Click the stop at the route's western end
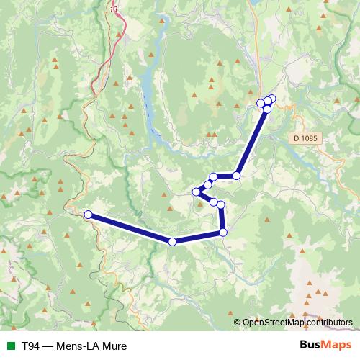[88, 215]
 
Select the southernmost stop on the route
[172, 242]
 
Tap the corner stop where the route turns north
[223, 232]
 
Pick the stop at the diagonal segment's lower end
[236, 175]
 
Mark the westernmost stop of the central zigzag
[196, 192]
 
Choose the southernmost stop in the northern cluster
[267, 109]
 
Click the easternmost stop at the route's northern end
[271, 99]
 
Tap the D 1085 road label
[305, 137]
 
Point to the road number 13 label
[114, 9]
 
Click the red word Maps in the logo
[336, 346]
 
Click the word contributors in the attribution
[328, 322]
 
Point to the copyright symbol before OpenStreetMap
[238, 322]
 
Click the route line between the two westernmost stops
[130, 228]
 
